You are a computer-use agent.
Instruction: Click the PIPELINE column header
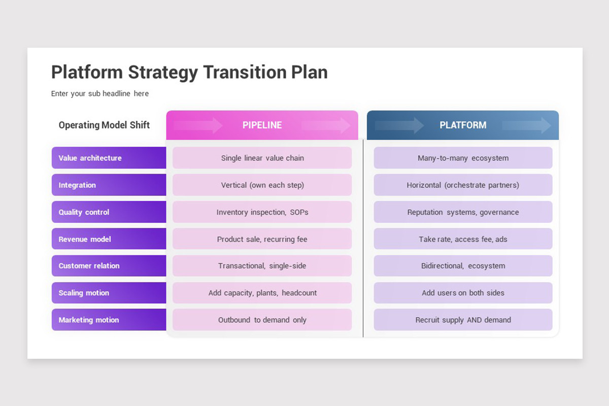point(262,125)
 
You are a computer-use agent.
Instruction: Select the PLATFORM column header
point(463,125)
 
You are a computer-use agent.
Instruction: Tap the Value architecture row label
point(109,158)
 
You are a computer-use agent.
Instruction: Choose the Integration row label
point(109,185)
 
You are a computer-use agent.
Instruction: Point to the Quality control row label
point(109,212)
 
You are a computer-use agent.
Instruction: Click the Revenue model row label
point(109,239)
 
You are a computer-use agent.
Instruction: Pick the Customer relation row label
point(109,266)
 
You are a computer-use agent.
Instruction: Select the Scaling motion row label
point(109,293)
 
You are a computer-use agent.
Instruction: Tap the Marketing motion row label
point(109,320)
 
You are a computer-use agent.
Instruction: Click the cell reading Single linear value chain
point(262,158)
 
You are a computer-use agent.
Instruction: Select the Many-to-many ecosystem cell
point(463,158)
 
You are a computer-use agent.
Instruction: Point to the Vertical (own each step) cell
point(262,185)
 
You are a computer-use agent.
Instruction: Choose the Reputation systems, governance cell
point(463,212)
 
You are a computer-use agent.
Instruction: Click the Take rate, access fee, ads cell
point(463,239)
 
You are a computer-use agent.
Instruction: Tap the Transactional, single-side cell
point(262,266)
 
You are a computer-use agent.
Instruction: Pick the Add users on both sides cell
point(463,293)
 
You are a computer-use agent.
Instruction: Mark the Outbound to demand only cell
point(262,320)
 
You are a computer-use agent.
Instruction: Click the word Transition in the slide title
point(245,72)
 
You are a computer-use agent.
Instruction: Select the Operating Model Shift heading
point(104,125)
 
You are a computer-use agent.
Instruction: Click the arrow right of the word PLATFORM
point(527,125)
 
